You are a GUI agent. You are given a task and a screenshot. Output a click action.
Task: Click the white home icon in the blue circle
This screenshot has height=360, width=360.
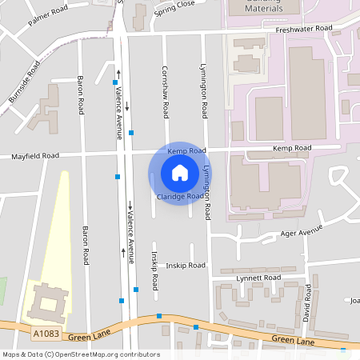pyautogui.click(x=180, y=172)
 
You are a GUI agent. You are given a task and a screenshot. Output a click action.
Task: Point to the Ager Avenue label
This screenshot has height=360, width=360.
pyautogui.click(x=300, y=230)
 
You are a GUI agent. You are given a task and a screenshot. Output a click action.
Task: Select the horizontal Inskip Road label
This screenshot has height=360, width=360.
pyautogui.click(x=186, y=266)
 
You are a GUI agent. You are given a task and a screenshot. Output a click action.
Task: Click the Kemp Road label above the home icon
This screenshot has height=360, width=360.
pyautogui.click(x=186, y=150)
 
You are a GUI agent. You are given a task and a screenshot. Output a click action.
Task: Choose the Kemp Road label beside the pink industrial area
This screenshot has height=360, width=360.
pyautogui.click(x=291, y=148)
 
